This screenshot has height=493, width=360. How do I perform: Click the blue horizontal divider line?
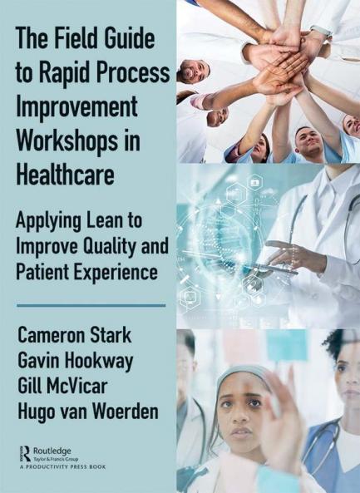91,305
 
